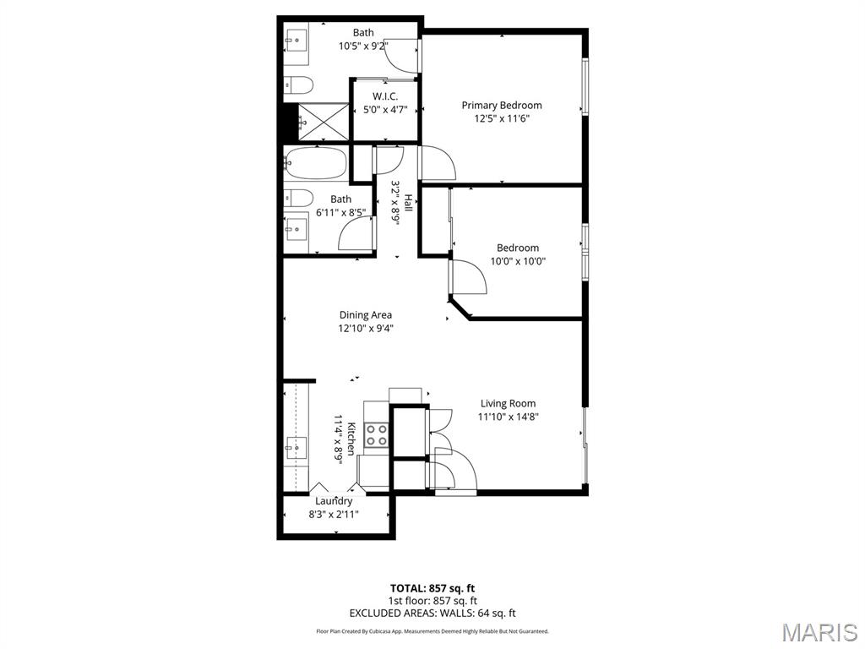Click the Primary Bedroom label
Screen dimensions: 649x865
[501, 105]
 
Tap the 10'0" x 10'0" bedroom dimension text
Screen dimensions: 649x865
[518, 262]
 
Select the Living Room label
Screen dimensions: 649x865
[508, 403]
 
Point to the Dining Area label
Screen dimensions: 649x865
[365, 315]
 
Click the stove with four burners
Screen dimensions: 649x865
[376, 435]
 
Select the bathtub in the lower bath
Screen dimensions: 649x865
[315, 162]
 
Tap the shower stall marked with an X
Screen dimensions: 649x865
[324, 121]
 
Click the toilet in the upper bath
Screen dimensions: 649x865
[298, 85]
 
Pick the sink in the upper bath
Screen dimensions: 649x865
[296, 39]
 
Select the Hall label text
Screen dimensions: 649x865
[408, 203]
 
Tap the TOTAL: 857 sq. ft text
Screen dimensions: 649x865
[438, 588]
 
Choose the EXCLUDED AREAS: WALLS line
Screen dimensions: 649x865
[432, 614]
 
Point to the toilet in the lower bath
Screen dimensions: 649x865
[298, 199]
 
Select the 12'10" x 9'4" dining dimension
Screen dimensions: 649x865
[365, 329]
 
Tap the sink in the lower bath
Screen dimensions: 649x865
[296, 226]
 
